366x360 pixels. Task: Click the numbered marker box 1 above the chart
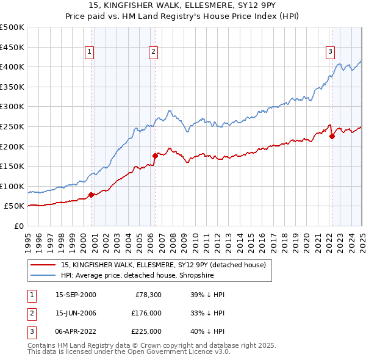pyautogui.click(x=89, y=52)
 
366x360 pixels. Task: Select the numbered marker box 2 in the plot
pyautogui.click(x=153, y=52)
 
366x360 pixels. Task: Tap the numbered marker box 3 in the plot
pyautogui.click(x=330, y=52)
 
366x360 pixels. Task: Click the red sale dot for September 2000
pyautogui.click(x=91, y=195)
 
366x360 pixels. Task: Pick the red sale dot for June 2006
pyautogui.click(x=155, y=156)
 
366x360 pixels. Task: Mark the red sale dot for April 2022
pyautogui.click(x=332, y=136)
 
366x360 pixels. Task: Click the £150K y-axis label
pyautogui.click(x=12, y=166)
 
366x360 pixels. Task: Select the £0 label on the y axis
pyautogui.click(x=18, y=226)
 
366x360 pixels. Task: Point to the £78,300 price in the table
pyautogui.click(x=147, y=294)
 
